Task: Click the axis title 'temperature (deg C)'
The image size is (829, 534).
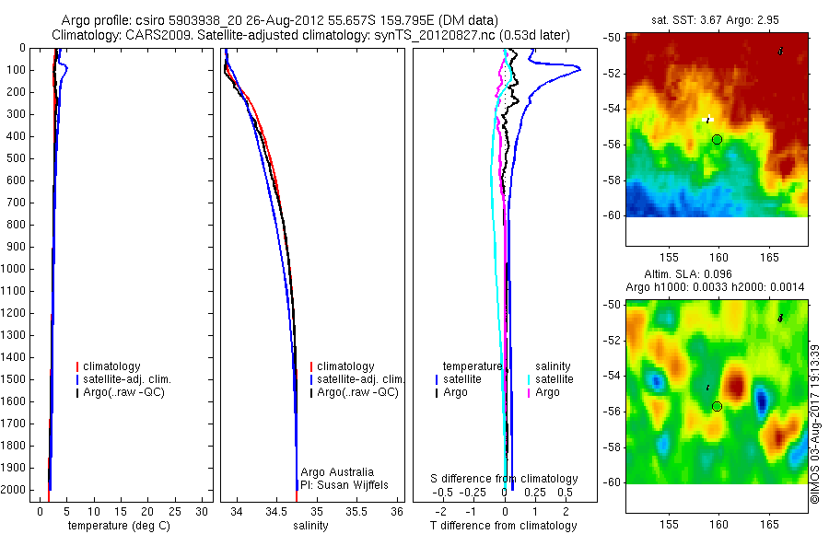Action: tap(115, 526)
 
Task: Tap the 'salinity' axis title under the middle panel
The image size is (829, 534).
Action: tap(311, 526)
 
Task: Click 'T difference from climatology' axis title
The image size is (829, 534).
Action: tap(504, 526)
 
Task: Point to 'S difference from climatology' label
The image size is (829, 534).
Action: tap(505, 479)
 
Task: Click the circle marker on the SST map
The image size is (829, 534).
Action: tap(718, 139)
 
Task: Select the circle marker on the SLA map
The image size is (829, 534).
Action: tap(718, 406)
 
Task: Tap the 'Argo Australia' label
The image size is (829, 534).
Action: tap(338, 472)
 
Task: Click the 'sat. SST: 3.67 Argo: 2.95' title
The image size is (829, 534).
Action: tap(717, 20)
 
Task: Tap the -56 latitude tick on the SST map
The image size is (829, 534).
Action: tap(613, 145)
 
